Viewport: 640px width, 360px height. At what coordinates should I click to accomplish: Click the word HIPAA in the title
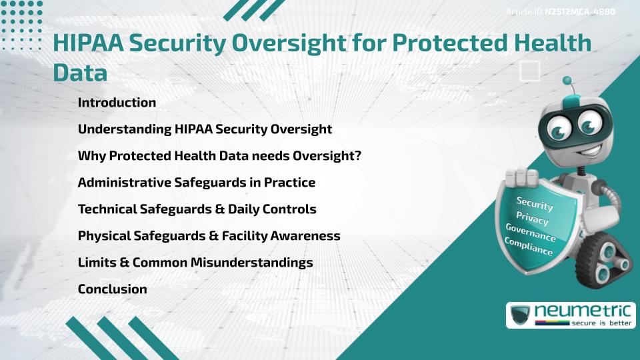click(87, 44)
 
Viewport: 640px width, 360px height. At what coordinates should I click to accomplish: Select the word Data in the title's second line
click(80, 73)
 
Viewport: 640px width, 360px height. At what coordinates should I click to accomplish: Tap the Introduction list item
click(117, 103)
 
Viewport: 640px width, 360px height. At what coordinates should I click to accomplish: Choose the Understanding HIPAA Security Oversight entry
click(205, 129)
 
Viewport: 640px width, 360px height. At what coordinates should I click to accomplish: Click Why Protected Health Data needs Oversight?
click(219, 156)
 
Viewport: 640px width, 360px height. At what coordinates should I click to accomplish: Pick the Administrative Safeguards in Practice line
click(197, 183)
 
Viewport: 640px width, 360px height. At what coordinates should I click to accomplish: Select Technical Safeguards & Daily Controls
click(197, 209)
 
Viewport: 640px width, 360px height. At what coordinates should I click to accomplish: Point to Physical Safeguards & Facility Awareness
click(209, 236)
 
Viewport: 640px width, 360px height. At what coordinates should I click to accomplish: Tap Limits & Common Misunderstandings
click(195, 263)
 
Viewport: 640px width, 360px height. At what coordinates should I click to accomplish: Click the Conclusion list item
click(112, 289)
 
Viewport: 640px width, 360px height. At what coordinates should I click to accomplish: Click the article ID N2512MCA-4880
click(579, 11)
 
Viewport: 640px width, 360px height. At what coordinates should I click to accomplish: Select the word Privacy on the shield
click(532, 219)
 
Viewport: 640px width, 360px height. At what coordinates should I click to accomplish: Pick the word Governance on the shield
click(531, 233)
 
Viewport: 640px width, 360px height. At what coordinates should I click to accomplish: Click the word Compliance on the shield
click(529, 247)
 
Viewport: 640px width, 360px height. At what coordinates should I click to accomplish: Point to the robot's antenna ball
click(567, 81)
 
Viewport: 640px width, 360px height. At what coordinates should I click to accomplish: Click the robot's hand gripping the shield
click(523, 179)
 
